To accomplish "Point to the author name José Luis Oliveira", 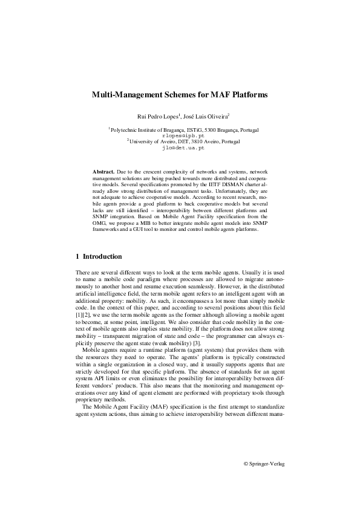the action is (x=204, y=115).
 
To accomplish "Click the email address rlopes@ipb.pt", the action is (x=180, y=136).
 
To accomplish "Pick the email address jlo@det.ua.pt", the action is (x=180, y=148).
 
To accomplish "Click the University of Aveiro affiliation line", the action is (x=180, y=142).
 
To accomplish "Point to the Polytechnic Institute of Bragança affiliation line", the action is (x=180, y=130).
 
